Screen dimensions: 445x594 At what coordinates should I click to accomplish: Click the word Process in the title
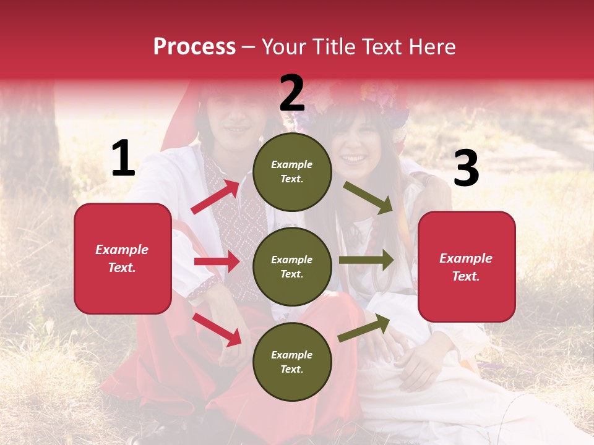point(194,46)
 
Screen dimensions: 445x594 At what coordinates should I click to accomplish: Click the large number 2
point(292,93)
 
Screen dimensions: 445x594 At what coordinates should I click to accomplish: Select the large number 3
point(466,169)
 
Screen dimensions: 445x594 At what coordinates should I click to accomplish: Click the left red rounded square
point(123,258)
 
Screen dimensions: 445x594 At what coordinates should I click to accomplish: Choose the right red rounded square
point(467,266)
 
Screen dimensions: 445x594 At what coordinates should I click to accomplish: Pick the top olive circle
point(292,172)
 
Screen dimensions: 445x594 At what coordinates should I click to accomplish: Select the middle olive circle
point(292,266)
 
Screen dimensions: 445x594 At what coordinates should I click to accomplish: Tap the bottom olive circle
point(292,362)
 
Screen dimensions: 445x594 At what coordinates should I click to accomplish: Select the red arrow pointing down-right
point(217,329)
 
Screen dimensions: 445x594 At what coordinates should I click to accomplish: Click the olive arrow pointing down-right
point(368,197)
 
